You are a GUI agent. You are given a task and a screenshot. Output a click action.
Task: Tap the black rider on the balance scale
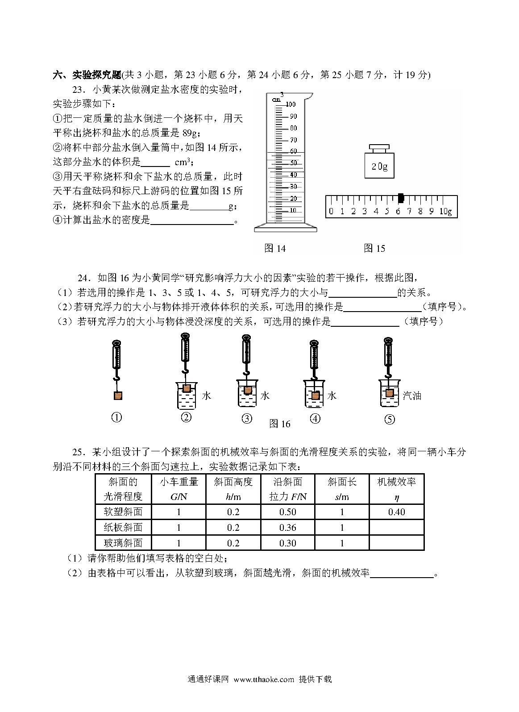click(401, 198)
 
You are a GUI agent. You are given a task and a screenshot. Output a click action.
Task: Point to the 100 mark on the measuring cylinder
click(291, 104)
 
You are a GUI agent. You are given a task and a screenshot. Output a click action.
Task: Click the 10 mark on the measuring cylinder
click(293, 210)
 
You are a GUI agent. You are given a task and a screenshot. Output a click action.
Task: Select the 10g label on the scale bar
click(446, 211)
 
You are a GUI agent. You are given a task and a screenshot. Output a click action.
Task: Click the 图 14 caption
click(275, 248)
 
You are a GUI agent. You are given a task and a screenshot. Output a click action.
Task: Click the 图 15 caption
click(374, 248)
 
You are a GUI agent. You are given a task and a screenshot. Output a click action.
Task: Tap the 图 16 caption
click(280, 424)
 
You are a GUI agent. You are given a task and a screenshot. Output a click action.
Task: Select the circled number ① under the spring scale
click(116, 417)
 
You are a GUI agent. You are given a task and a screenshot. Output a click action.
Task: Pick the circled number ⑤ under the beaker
click(390, 419)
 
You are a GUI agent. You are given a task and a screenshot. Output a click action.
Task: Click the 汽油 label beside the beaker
click(412, 396)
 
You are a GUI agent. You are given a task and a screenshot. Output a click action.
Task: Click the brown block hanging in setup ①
click(117, 396)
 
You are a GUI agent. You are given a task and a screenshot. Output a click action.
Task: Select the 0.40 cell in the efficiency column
click(396, 512)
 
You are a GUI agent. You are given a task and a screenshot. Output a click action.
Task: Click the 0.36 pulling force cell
click(288, 528)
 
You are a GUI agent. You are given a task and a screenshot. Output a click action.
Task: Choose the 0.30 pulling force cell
click(288, 543)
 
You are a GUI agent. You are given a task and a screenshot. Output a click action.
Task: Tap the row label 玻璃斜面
click(123, 543)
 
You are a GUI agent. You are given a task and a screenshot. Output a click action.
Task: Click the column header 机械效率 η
click(396, 489)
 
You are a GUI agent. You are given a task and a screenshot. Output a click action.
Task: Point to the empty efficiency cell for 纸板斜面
click(396, 528)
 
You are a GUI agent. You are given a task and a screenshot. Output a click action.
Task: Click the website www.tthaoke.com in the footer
click(264, 692)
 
